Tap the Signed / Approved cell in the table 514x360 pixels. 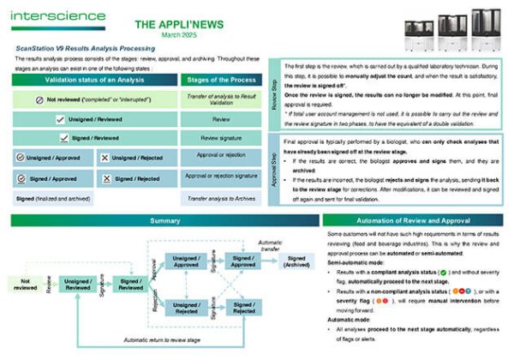(50, 178)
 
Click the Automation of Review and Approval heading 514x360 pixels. (418, 220)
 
